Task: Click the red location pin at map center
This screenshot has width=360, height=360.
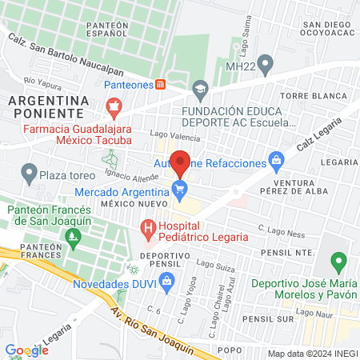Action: coord(180,162)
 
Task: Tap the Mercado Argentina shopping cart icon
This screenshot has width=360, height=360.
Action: coord(180,190)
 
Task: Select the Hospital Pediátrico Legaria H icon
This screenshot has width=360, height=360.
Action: coord(148,232)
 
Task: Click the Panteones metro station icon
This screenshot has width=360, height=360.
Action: coord(161,83)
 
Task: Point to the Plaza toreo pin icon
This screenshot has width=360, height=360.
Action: coord(29,171)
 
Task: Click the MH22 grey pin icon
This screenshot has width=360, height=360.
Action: coord(268,63)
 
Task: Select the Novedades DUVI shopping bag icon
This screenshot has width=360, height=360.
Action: coord(166,280)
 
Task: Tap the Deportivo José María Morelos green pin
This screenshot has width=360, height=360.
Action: coord(338,261)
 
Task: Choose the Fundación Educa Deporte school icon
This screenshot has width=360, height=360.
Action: coord(199,86)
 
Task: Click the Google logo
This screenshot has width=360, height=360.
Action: coord(26,350)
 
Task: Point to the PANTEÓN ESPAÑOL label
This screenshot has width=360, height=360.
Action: coord(118,30)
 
